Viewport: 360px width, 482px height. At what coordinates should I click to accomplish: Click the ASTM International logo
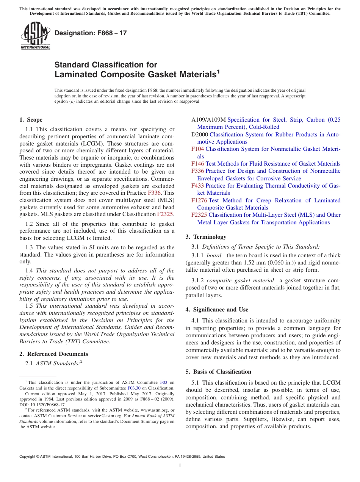click(x=35, y=36)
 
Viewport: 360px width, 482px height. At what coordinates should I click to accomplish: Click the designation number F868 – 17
click(x=91, y=33)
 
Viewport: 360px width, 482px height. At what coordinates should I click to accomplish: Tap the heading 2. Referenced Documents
click(x=53, y=354)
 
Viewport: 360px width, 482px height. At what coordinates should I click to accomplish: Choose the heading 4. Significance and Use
click(x=217, y=310)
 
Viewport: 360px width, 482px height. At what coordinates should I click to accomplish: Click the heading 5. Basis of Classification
click(x=218, y=372)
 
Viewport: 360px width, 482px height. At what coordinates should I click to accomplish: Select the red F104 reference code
click(x=197, y=149)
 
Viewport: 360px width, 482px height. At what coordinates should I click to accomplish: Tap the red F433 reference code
click(x=197, y=186)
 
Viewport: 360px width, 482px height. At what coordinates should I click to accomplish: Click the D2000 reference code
click(x=199, y=135)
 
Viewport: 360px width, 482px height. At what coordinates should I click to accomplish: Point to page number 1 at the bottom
click(x=180, y=466)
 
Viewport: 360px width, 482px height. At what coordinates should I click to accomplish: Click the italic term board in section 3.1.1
click(x=214, y=256)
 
